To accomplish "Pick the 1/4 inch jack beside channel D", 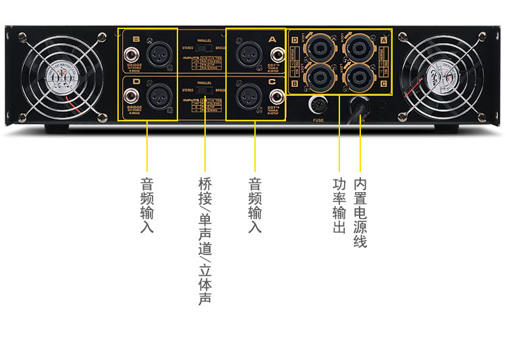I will [x=130, y=96].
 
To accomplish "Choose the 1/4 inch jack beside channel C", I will [x=273, y=96].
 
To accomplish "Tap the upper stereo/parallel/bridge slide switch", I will [x=204, y=49].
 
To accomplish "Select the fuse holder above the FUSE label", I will [x=318, y=106].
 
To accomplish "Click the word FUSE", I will [x=318, y=120].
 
